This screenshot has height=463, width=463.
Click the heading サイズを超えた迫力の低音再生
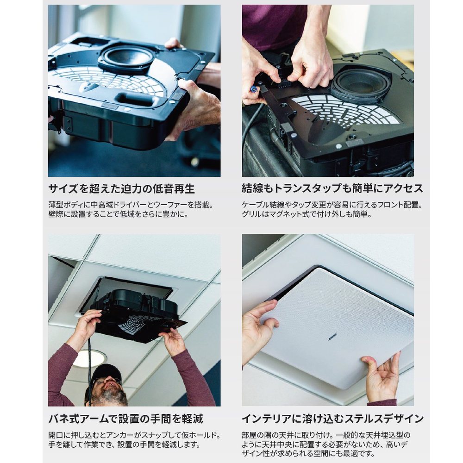click(x=122, y=189)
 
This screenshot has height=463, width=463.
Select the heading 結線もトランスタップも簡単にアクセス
click(x=332, y=189)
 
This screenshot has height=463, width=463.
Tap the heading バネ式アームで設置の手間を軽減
click(x=126, y=419)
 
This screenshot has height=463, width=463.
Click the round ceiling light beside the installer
click(x=88, y=359)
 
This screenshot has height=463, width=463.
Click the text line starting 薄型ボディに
click(x=131, y=205)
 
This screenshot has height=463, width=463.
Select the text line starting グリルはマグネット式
click(x=307, y=214)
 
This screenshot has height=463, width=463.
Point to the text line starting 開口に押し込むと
click(x=134, y=435)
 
